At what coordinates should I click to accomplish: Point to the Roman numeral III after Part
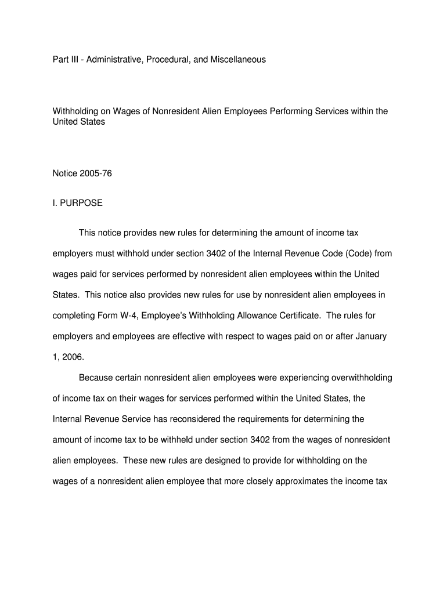pos(74,59)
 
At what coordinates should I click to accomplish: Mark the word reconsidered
pos(187,419)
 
